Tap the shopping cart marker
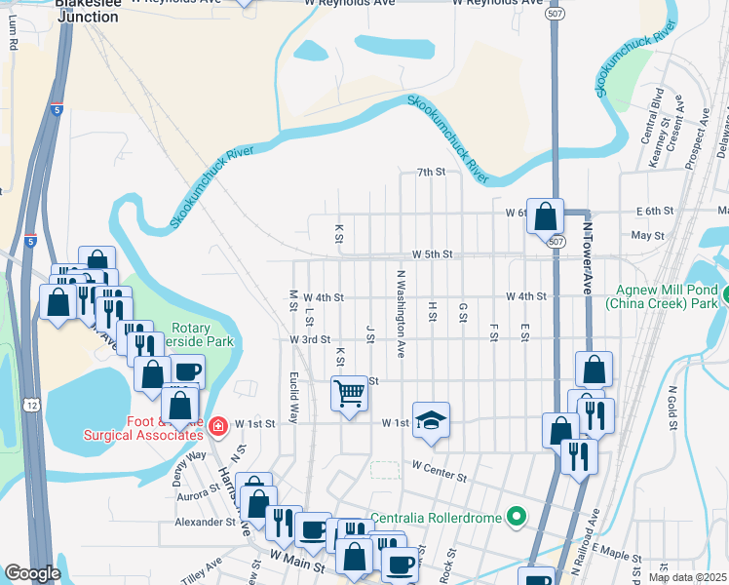pyautogui.click(x=349, y=393)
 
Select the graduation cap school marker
pyautogui.click(x=431, y=419)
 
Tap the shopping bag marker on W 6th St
pyautogui.click(x=545, y=216)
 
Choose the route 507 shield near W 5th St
pyautogui.click(x=556, y=241)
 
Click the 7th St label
pyautogui.click(x=430, y=172)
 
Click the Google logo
pyautogui.click(x=32, y=573)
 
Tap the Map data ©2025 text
pyautogui.click(x=687, y=577)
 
